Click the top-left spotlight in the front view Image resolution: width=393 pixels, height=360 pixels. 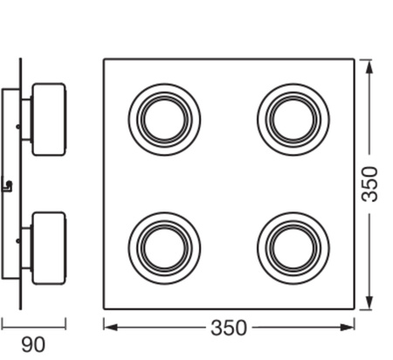(163, 119)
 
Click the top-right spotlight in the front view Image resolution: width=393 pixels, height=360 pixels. (293, 119)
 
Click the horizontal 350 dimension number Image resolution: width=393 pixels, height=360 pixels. (229, 329)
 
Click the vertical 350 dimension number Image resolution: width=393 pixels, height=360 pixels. (370, 183)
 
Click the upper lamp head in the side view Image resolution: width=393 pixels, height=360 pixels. (49, 119)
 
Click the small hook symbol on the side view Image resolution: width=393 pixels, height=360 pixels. (8, 184)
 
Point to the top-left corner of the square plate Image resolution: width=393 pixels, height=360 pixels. (104, 59)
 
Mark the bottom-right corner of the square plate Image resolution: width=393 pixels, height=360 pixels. (355, 308)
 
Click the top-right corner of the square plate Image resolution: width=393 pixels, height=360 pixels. (355, 59)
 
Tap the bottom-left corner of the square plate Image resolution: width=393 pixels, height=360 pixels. (104, 308)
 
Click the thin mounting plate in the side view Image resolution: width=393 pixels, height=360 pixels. (21, 183)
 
